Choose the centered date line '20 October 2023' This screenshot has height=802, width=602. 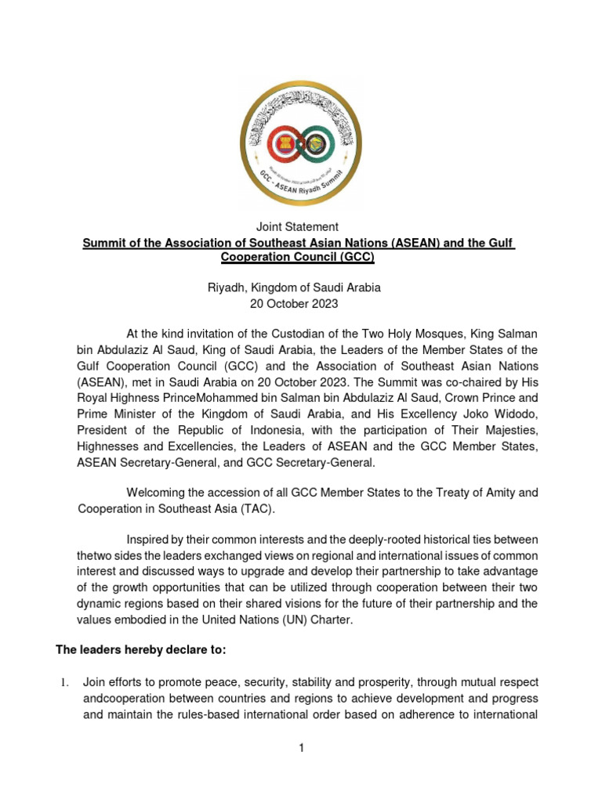pos(300,304)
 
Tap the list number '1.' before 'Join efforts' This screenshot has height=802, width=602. pos(66,683)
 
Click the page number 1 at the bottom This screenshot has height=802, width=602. pos(300,749)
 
